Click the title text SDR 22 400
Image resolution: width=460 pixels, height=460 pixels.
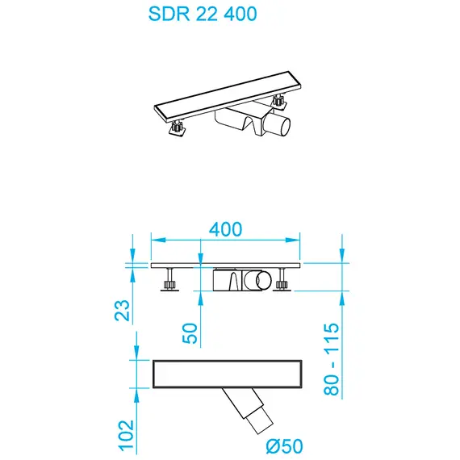[203, 15]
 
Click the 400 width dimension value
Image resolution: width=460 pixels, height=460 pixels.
[225, 228]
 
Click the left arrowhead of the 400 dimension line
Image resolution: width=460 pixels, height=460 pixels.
[157, 240]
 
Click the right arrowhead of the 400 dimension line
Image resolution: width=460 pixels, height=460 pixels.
[295, 240]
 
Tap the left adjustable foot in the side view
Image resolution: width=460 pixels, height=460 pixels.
[169, 282]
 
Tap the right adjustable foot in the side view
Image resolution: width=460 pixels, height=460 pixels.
[282, 282]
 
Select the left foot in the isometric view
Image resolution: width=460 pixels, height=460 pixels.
[175, 127]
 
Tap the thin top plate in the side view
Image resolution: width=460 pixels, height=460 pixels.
[226, 264]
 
